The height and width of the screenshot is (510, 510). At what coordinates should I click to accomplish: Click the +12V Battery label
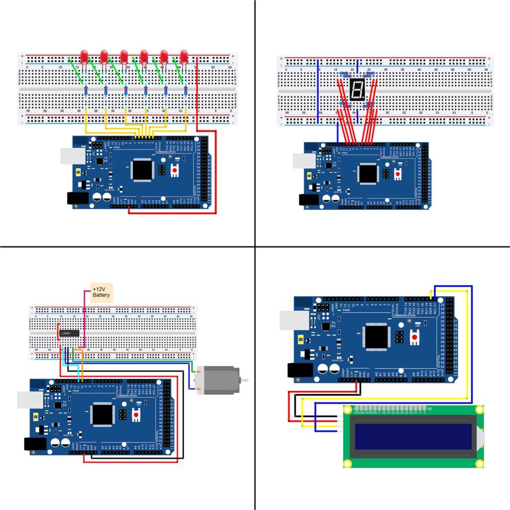point(102,292)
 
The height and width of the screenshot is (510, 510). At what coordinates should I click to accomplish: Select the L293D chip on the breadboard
point(69,333)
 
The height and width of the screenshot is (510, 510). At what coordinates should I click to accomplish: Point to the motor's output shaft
point(244,380)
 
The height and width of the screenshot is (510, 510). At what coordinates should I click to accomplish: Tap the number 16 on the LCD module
point(429,409)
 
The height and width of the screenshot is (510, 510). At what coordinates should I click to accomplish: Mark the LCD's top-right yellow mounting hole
point(479,410)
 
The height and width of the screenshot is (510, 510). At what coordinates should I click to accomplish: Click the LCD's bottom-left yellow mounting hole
point(348,464)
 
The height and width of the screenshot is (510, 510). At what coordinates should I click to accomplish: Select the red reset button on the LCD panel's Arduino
point(414,337)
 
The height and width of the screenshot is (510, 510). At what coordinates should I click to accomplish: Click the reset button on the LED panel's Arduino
point(175,170)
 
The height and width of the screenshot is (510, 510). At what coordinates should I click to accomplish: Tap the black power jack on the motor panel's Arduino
point(35,444)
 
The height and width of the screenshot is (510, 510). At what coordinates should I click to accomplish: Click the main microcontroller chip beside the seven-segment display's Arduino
point(368,173)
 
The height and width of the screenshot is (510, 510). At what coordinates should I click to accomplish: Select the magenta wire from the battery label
point(85,319)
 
